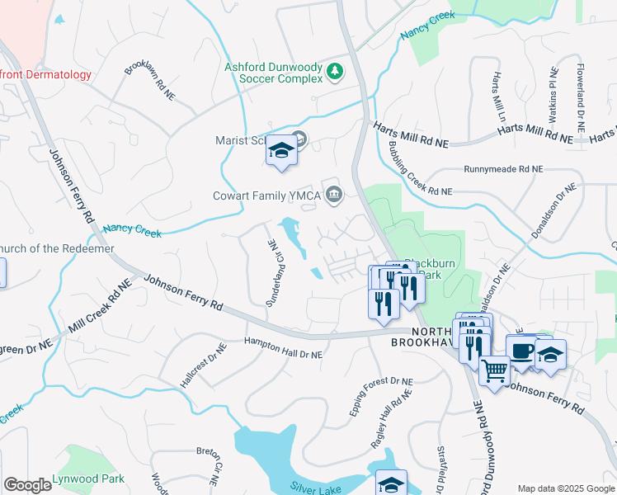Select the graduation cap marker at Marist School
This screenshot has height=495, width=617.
[x=281, y=151]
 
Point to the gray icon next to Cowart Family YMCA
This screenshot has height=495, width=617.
[x=333, y=196]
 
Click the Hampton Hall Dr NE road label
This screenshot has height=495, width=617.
[x=283, y=346]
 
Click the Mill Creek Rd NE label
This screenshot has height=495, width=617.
[x=100, y=306]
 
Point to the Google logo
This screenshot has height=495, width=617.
[x=27, y=485]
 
